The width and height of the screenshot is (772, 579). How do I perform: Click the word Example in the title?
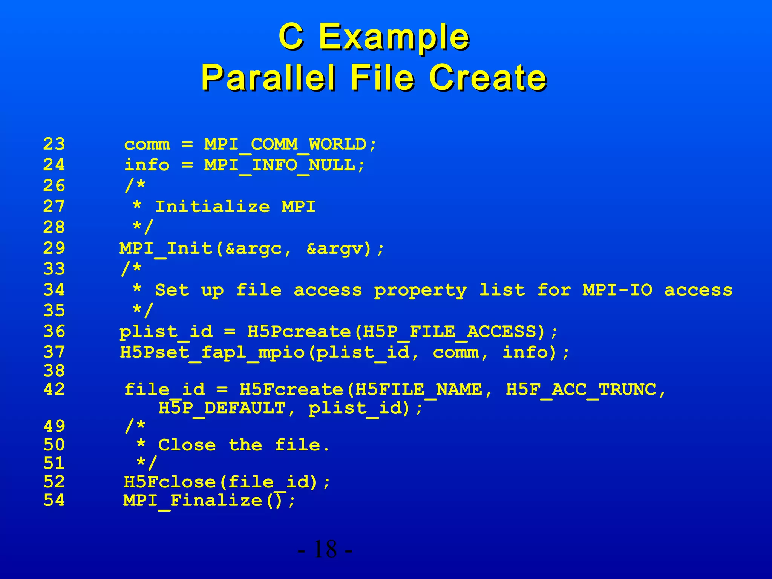click(x=394, y=37)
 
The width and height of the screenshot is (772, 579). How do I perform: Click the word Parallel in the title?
click(x=268, y=78)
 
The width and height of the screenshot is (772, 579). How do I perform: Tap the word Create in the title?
click(x=488, y=78)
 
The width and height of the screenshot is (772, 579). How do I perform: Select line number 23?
click(x=54, y=144)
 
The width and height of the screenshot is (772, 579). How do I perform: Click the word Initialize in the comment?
click(x=213, y=207)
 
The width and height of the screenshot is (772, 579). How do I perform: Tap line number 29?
click(x=54, y=248)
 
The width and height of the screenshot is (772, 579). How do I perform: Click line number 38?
click(x=54, y=371)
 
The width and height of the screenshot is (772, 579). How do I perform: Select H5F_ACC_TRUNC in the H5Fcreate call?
click(x=581, y=390)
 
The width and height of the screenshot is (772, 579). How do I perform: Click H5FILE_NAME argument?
click(x=418, y=390)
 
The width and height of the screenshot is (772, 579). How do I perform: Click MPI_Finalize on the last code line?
click(x=193, y=501)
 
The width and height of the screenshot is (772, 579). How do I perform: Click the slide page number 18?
click(x=325, y=549)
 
